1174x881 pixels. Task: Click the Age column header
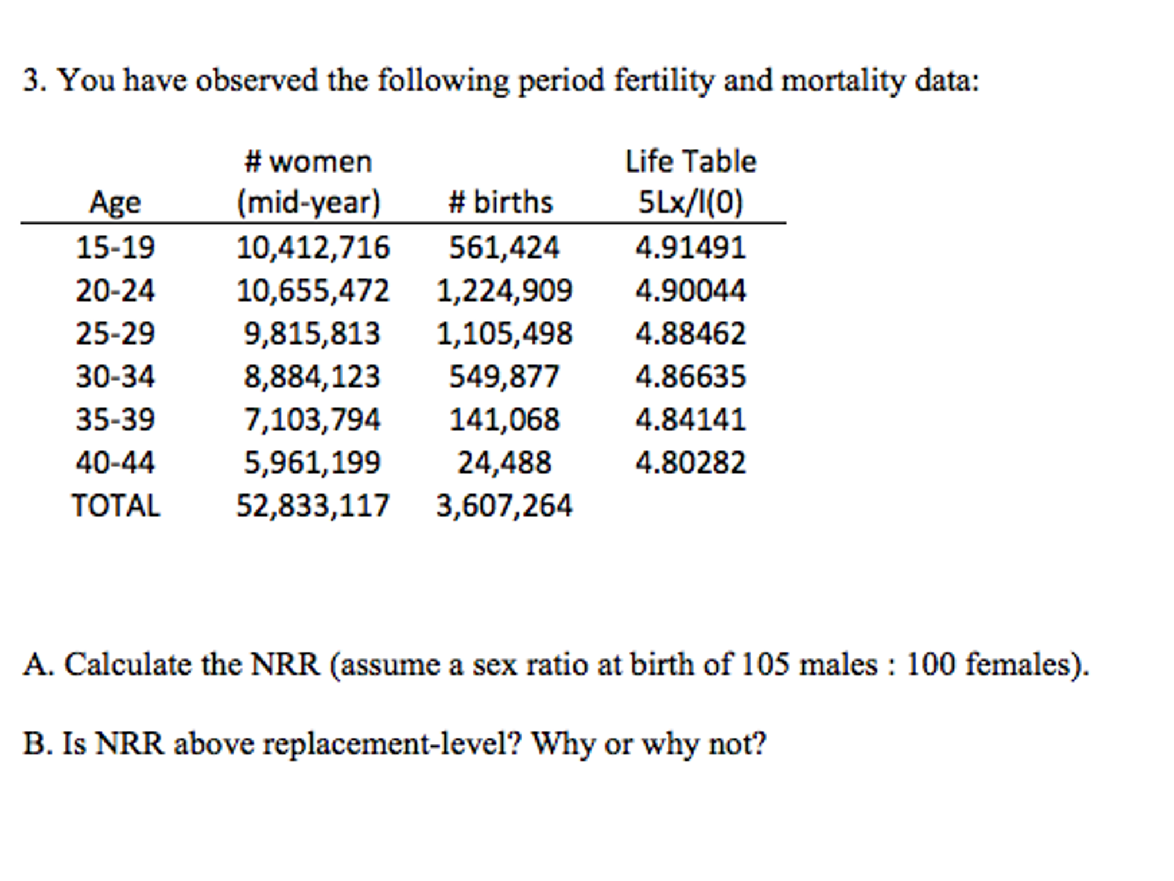(x=115, y=202)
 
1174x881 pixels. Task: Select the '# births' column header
(x=500, y=202)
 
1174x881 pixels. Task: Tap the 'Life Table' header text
(x=691, y=161)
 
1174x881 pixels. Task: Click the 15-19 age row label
(x=115, y=248)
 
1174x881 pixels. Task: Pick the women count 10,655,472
(x=313, y=291)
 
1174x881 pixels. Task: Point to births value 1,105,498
(x=504, y=334)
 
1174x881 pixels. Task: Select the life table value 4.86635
(x=690, y=377)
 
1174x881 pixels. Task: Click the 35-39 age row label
(x=115, y=420)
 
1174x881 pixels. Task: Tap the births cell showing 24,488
(x=504, y=463)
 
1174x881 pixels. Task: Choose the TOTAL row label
(x=116, y=506)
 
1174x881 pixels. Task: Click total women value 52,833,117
(x=313, y=506)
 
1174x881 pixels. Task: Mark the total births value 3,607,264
(x=504, y=506)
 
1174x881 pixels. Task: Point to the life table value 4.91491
(x=690, y=248)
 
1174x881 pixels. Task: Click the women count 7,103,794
(x=312, y=420)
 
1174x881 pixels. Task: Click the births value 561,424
(x=504, y=248)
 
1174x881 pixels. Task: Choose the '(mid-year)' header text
(x=309, y=202)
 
